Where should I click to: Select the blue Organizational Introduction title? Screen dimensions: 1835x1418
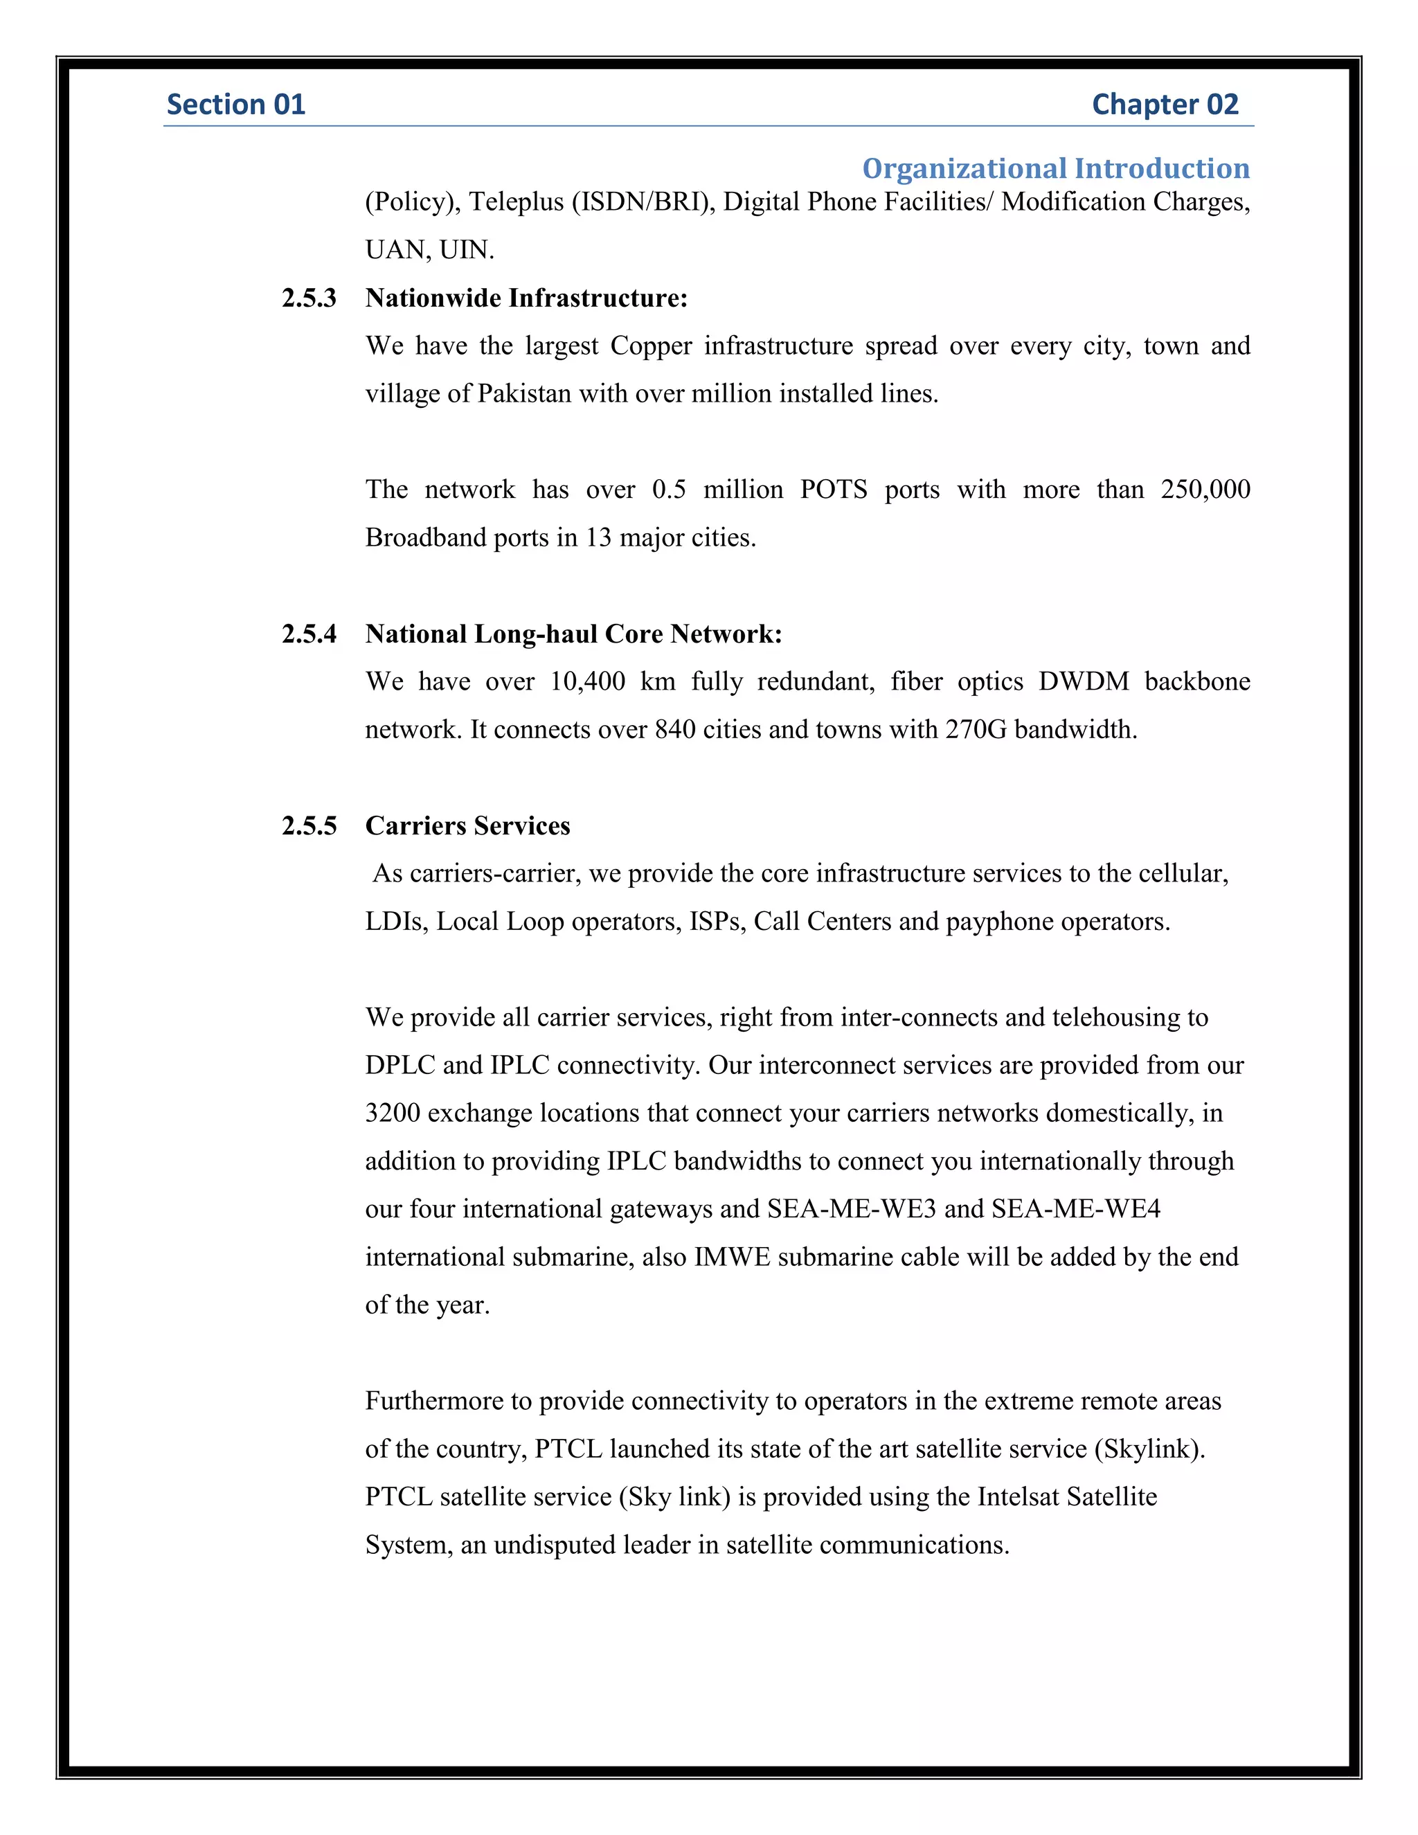click(x=1055, y=168)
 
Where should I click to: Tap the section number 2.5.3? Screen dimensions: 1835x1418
click(x=309, y=298)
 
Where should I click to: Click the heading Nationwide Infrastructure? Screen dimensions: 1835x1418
click(x=526, y=298)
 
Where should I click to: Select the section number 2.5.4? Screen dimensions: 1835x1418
click(x=309, y=634)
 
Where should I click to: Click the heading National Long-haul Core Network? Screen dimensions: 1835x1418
click(x=573, y=634)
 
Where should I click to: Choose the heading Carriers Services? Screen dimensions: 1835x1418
click(x=467, y=826)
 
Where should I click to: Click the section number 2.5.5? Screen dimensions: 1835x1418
click(x=309, y=826)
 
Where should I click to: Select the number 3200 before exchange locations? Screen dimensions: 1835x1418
click(x=393, y=1113)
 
